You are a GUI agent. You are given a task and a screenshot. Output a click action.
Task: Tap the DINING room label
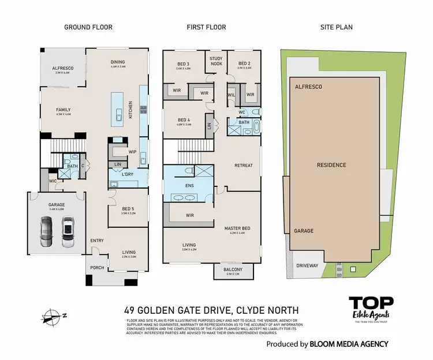coord(118,62)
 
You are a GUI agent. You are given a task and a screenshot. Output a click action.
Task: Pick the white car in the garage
coord(68,228)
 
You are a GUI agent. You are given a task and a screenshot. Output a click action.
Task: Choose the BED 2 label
coord(244,63)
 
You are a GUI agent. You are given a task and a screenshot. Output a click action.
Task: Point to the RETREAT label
coord(243,166)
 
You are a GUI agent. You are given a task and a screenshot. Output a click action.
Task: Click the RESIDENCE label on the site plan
coord(331,165)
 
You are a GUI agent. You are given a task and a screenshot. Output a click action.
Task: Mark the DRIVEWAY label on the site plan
coord(307,267)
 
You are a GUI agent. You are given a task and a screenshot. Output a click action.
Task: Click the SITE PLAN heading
coord(336,27)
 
